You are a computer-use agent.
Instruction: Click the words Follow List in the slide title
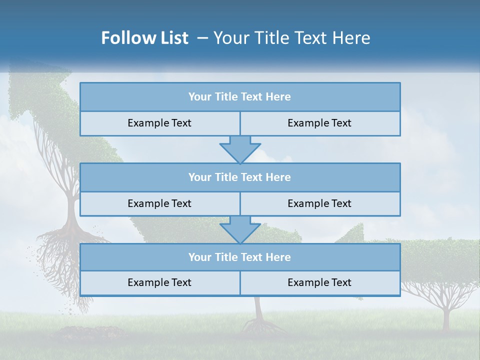click(144, 38)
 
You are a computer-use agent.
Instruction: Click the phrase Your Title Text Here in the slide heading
click(291, 38)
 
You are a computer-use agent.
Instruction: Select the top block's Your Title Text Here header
click(239, 97)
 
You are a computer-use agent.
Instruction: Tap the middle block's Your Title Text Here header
click(239, 177)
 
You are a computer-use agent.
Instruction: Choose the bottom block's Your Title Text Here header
click(239, 257)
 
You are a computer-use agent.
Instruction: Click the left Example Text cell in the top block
click(159, 123)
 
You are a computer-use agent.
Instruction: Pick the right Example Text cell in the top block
click(319, 123)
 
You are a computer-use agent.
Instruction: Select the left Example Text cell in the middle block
click(159, 203)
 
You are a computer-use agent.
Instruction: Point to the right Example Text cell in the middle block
click(319, 203)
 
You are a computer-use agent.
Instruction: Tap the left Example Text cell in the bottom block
click(159, 282)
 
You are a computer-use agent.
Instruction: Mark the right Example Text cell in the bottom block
click(319, 282)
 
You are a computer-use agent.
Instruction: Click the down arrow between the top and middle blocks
click(240, 149)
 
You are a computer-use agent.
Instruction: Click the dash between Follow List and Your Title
click(202, 38)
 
